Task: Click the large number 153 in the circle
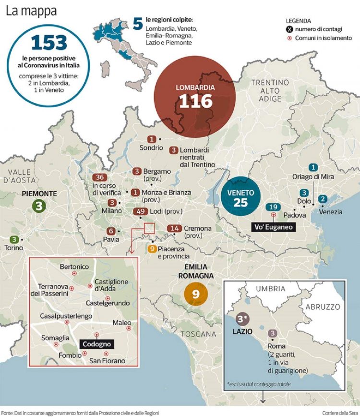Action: point(49,44)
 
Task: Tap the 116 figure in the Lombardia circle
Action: point(195,101)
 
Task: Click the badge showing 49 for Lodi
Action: point(141,212)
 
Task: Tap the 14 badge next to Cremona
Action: point(174,229)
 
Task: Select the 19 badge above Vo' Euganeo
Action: point(274,207)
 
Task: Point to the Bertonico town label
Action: point(73,267)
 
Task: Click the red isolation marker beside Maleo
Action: point(128,330)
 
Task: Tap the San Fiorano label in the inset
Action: point(108,361)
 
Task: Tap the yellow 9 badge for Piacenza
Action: point(152,248)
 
